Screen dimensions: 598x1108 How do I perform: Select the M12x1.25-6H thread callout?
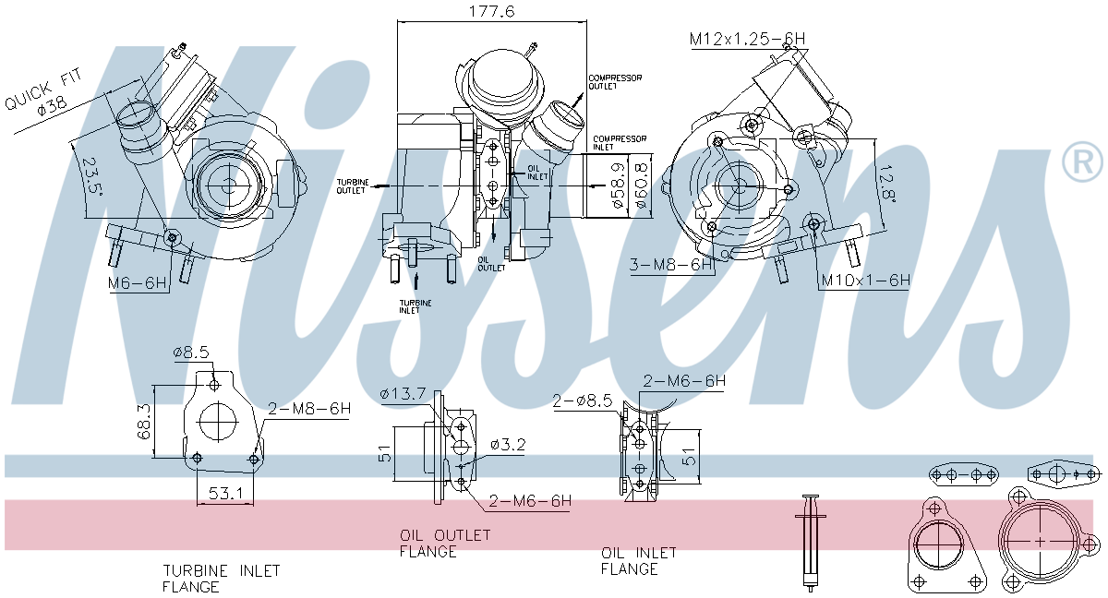tap(747, 39)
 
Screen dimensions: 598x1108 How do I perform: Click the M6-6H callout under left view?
tap(138, 283)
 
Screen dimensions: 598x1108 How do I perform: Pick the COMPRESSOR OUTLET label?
tap(615, 82)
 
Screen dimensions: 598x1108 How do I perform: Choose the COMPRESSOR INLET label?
tap(620, 143)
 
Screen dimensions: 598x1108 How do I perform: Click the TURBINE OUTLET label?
tap(353, 185)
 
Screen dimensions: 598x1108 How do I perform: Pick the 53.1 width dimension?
tap(225, 495)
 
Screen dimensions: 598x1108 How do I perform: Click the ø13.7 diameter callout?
tap(403, 395)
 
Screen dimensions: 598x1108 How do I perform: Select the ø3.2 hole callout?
tap(507, 445)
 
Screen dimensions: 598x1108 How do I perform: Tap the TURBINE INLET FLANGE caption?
tap(222, 579)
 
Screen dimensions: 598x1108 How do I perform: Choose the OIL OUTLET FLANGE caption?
tap(445, 544)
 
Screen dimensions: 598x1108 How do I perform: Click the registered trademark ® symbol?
tap(1081, 161)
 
